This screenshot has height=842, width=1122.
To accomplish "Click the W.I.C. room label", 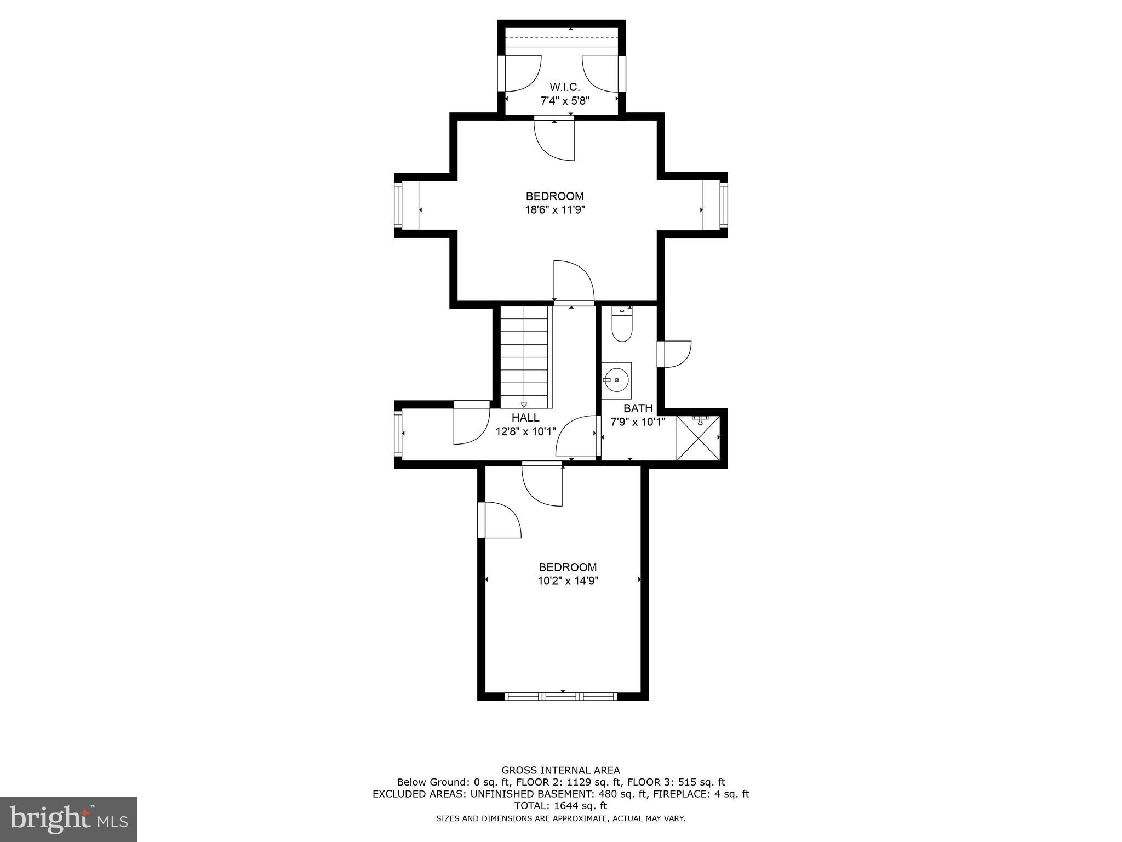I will point(564,87).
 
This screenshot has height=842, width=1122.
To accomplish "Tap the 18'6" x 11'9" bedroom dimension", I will point(555,209).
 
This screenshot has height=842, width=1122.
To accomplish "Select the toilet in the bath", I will point(622,327).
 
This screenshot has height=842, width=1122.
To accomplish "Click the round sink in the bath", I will point(617,379).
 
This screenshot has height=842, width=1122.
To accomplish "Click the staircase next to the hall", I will point(524,356).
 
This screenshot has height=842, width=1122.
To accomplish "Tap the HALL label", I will point(525,418).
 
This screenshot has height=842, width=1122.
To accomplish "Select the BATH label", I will point(638,408).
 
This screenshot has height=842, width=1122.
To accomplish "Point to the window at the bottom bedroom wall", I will point(560,696).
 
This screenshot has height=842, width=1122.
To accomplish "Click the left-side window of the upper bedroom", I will point(398,206).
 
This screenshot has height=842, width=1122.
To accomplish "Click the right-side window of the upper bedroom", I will point(723,206).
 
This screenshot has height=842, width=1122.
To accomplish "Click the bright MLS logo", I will point(68,819).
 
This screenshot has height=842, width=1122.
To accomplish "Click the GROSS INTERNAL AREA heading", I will point(560,770).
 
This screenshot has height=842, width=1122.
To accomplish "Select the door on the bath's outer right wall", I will point(674,354).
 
